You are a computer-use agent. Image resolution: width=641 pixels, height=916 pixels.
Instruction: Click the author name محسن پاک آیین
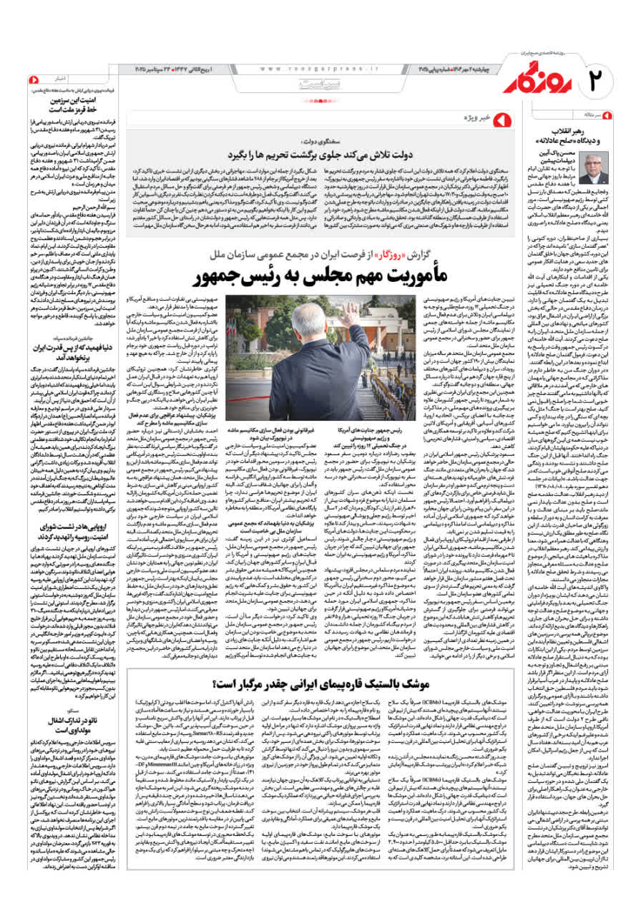(565, 151)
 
